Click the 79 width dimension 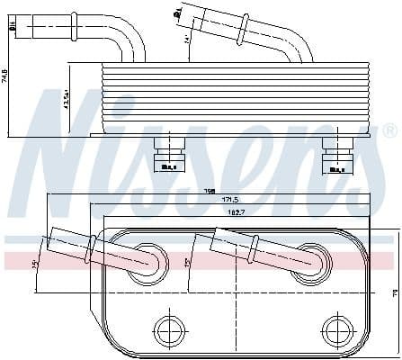pyautogui.click(x=394, y=292)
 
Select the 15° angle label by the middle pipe pyautogui.click(x=186, y=262)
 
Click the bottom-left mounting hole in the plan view pyautogui.click(x=168, y=328)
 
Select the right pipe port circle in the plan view pyautogui.click(x=310, y=258)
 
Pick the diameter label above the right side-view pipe pyautogui.click(x=178, y=12)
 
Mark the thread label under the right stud pyautogui.click(x=338, y=167)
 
